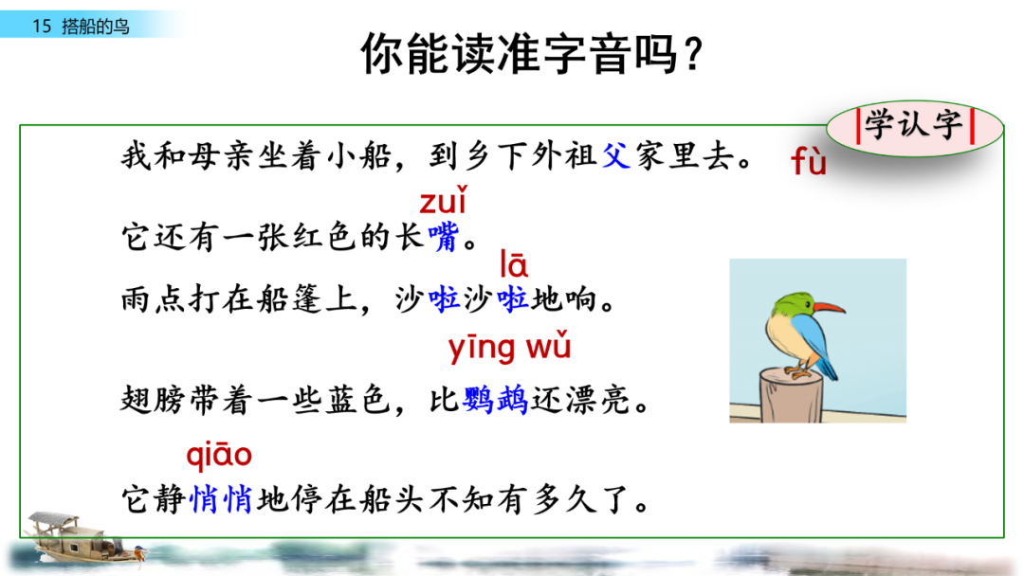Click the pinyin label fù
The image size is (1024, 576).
(809, 163)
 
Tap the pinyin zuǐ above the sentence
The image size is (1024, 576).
(443, 202)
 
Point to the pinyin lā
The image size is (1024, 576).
(514, 264)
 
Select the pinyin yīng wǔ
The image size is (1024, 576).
(509, 349)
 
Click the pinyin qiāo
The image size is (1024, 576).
(219, 456)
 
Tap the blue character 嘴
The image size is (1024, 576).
(443, 237)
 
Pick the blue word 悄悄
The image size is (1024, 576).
(221, 499)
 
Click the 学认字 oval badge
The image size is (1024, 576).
(914, 127)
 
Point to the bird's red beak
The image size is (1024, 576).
(829, 307)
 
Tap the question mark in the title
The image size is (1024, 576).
(691, 55)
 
